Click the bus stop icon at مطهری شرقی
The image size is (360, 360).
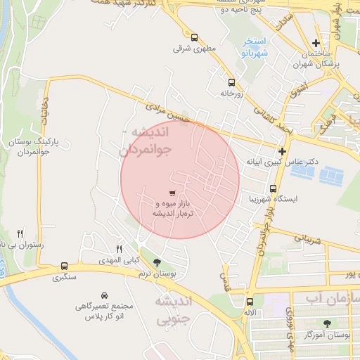[x=193, y=38]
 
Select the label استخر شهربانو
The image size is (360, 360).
[x=252, y=47]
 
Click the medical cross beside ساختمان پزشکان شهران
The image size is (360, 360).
[x=316, y=44]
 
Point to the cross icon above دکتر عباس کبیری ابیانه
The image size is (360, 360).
[x=282, y=151]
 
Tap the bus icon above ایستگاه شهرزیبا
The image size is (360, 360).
[x=273, y=188]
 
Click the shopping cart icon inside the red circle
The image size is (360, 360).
[x=173, y=193]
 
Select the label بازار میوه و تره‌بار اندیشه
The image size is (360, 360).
[x=173, y=207]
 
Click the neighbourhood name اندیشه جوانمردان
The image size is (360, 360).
[x=144, y=141]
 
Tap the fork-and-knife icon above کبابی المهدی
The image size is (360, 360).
[x=118, y=249]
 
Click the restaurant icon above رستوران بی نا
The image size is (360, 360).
[x=20, y=233]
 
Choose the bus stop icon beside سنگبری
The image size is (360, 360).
[x=65, y=266]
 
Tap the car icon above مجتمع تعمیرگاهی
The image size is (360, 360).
[x=104, y=295]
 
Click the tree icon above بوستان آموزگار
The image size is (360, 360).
[x=327, y=323]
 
